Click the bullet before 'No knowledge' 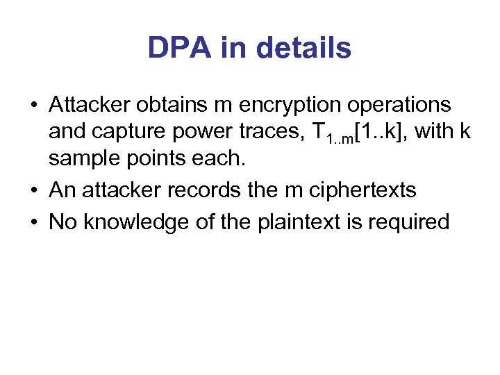pyautogui.click(x=33, y=223)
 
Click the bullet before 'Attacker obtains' pyautogui.click(x=33, y=106)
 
